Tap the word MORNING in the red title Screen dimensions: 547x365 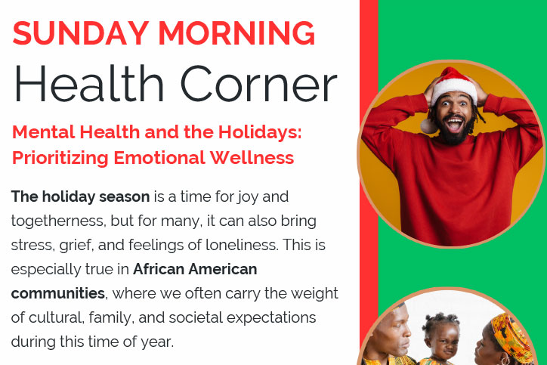pos(237,33)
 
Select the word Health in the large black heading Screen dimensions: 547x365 pos(88,84)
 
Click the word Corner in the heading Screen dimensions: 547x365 pos(258,84)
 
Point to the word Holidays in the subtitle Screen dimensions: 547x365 pos(260,132)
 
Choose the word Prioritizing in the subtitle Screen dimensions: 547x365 pos(60,158)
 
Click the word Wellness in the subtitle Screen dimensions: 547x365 pos(252,157)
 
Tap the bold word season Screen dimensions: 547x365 pos(125,196)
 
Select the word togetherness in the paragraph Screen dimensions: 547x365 pos(59,221)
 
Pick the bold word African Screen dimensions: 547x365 pos(159,269)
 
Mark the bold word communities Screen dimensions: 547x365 pos(58,293)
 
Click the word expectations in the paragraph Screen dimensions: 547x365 pos(271,318)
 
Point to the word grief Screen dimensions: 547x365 pos(76,246)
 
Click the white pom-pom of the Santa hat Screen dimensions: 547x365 pos(428,126)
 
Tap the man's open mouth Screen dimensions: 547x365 pos(454,125)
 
